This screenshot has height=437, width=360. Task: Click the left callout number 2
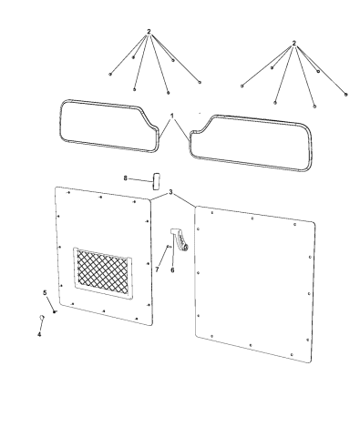tap(149, 33)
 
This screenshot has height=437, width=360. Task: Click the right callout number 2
tap(294, 43)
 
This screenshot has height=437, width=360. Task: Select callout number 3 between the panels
tap(170, 192)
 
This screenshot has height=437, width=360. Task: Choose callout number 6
tap(173, 270)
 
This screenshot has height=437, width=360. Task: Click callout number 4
tap(39, 334)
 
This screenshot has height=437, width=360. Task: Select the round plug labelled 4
tap(41, 316)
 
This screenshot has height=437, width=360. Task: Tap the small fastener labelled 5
tap(55, 310)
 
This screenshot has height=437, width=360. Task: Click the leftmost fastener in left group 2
tap(109, 71)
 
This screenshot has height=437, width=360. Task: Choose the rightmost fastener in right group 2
tap(347, 94)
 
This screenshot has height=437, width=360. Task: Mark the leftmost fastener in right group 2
tap(242, 84)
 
